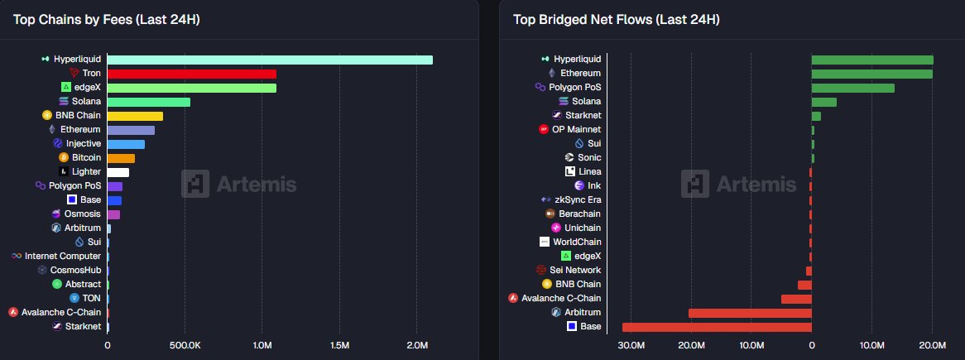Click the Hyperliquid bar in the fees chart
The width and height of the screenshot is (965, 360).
270,60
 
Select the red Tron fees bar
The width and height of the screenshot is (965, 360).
191,74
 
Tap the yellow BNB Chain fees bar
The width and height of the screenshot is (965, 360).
135,116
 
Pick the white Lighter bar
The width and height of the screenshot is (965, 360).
118,172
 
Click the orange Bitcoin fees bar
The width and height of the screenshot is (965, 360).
121,158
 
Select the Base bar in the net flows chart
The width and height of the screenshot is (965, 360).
717,327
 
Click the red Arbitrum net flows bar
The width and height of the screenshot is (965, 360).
750,313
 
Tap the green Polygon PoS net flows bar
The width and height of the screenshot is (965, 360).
852,88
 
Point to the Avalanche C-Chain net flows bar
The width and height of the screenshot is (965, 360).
796,299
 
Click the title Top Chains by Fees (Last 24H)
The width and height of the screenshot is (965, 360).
106,20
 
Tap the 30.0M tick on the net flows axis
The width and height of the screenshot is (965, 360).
631,345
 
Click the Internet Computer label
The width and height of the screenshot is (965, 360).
63,257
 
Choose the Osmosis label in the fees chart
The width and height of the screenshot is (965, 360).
82,214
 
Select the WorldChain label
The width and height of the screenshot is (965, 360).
577,242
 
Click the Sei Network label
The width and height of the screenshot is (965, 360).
575,271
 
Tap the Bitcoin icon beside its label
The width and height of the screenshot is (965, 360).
63,158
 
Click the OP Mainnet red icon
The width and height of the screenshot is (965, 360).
544,130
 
